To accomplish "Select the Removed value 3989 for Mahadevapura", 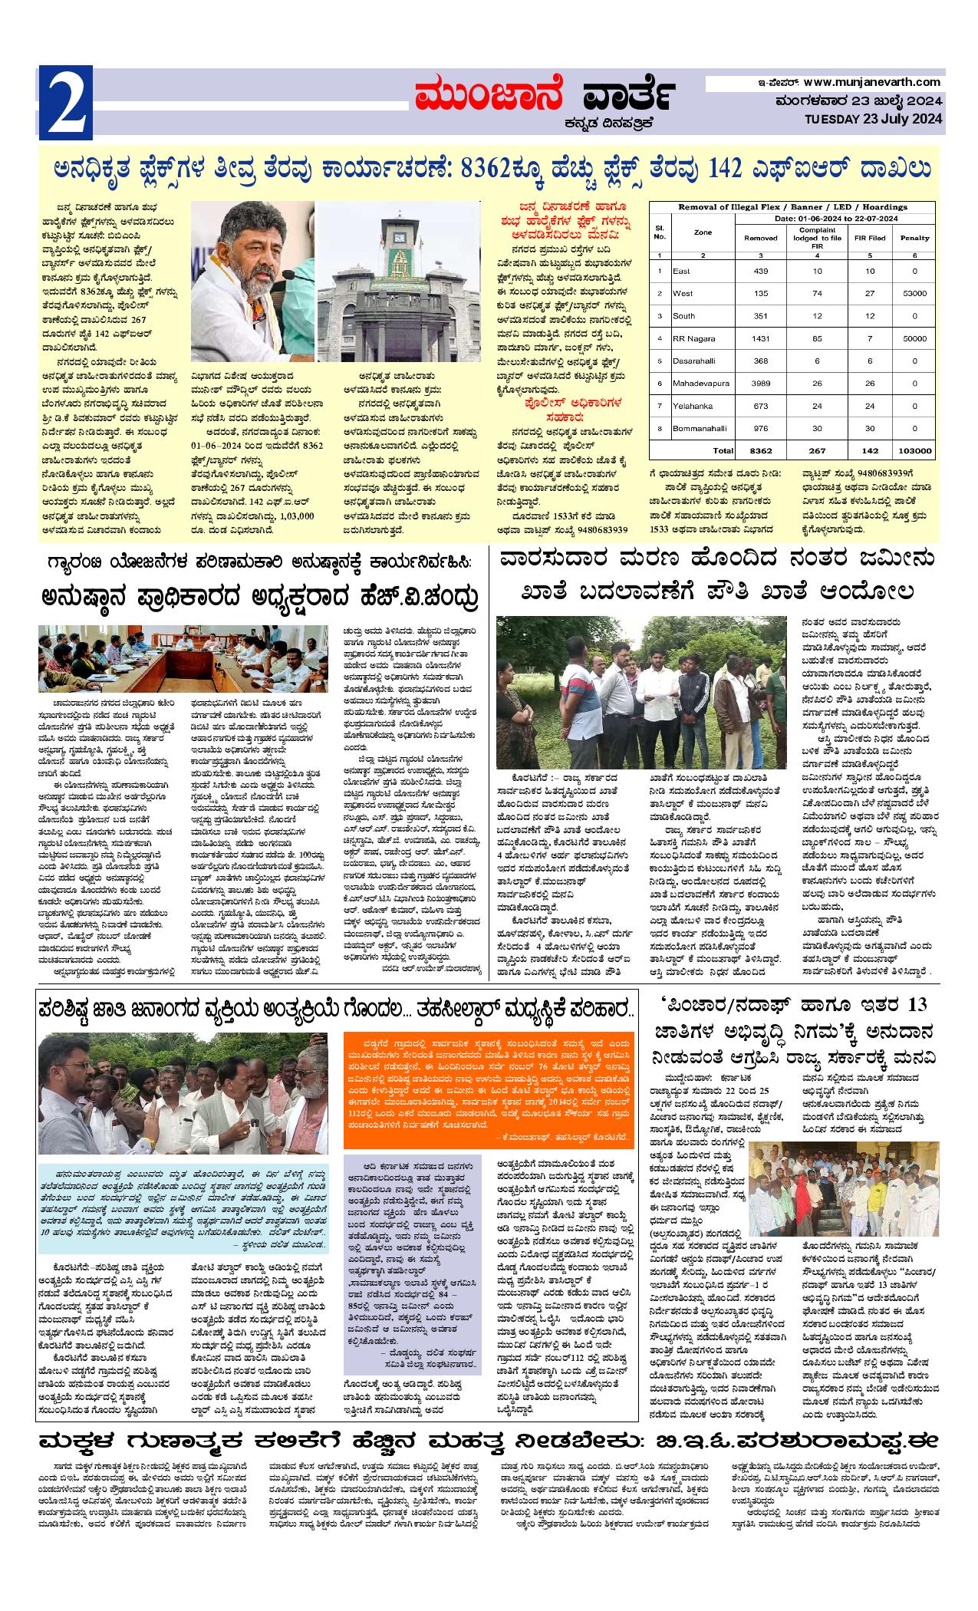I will [760, 382].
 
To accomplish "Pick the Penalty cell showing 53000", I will [914, 293].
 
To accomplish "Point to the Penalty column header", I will [914, 238].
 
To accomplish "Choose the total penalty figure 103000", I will [914, 450].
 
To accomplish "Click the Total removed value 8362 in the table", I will [760, 450].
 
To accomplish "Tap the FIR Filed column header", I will [869, 238].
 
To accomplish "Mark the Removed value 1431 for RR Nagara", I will [760, 338].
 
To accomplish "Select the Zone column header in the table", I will [702, 232].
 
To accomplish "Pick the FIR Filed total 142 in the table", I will [869, 450].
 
